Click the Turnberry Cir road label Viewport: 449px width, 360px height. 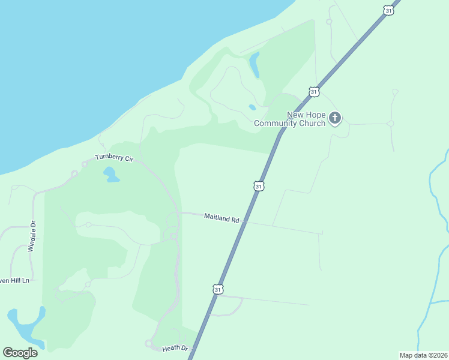point(113,158)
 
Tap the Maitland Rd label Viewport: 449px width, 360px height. point(221,217)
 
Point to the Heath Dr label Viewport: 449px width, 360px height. point(175,348)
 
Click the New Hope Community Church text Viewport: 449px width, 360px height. point(290,119)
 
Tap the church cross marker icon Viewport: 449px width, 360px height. point(335,118)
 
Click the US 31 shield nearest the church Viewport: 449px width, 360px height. point(313,91)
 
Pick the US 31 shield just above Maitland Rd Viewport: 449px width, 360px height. point(259,186)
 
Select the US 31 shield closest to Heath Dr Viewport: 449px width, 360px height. point(218,289)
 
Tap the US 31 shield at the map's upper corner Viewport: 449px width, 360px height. point(389,10)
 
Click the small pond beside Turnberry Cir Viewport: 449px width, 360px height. point(110,175)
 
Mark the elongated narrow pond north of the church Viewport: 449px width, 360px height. point(255,64)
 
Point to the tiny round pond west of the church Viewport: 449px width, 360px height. point(252,107)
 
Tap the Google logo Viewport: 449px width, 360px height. point(20,353)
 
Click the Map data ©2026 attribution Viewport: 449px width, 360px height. point(423,355)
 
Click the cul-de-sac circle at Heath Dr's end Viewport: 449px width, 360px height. point(148,343)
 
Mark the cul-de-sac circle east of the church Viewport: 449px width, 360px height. point(390,124)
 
